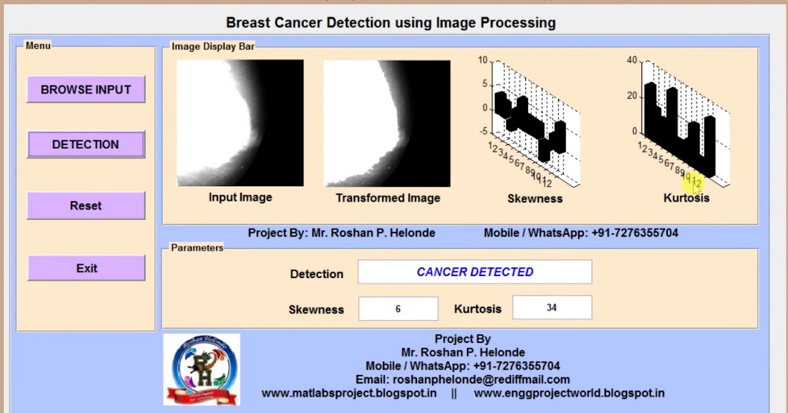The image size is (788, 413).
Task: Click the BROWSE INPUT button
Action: tap(85, 90)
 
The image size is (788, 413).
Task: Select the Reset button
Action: tap(85, 206)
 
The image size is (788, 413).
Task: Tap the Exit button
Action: tap(86, 268)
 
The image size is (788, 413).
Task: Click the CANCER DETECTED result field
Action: tap(474, 272)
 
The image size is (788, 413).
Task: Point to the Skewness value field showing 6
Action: tap(398, 308)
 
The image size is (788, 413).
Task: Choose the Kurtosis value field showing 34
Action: tap(552, 307)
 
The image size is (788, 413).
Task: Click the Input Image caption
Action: tap(240, 197)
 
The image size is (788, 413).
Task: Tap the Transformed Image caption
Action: tap(387, 198)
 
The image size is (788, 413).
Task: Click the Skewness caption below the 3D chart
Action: tap(535, 199)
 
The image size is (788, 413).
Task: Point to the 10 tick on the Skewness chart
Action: tap(483, 60)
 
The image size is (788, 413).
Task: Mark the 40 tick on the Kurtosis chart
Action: tap(632, 60)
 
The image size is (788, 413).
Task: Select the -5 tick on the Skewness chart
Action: tap(483, 132)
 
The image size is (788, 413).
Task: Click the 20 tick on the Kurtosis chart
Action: tap(632, 96)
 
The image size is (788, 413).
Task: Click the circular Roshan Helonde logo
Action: tap(202, 369)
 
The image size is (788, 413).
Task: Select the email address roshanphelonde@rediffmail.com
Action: tap(462, 380)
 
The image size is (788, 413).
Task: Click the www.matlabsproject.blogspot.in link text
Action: tap(349, 393)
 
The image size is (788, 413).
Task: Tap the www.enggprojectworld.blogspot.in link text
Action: tap(569, 393)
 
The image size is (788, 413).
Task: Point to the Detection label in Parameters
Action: tap(317, 274)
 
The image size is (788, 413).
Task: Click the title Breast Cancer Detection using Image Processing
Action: tap(391, 23)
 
